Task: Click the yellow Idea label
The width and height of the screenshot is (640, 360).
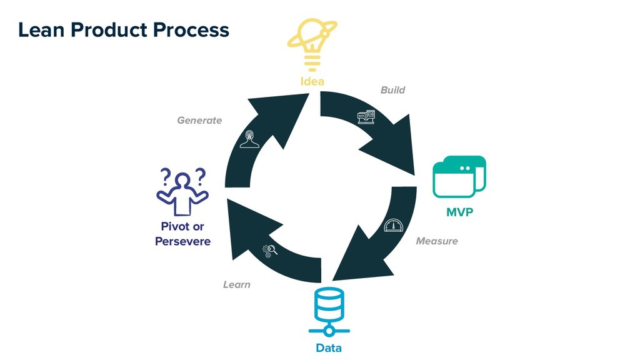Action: (312, 82)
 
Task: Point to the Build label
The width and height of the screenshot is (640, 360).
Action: (392, 90)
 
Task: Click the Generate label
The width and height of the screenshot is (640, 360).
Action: (199, 120)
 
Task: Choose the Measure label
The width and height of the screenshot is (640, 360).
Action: (436, 241)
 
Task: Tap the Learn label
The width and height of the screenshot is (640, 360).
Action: (236, 284)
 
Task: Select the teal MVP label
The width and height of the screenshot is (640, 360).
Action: (459, 212)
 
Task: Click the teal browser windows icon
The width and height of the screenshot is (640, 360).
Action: (459, 176)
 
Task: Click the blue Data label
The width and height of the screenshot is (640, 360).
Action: (329, 347)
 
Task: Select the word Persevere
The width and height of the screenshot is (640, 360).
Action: (182, 241)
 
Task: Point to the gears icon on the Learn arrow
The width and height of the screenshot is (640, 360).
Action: (270, 251)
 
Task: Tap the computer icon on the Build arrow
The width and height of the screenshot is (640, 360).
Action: (366, 117)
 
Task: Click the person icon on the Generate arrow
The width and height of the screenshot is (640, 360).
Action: (251, 139)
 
